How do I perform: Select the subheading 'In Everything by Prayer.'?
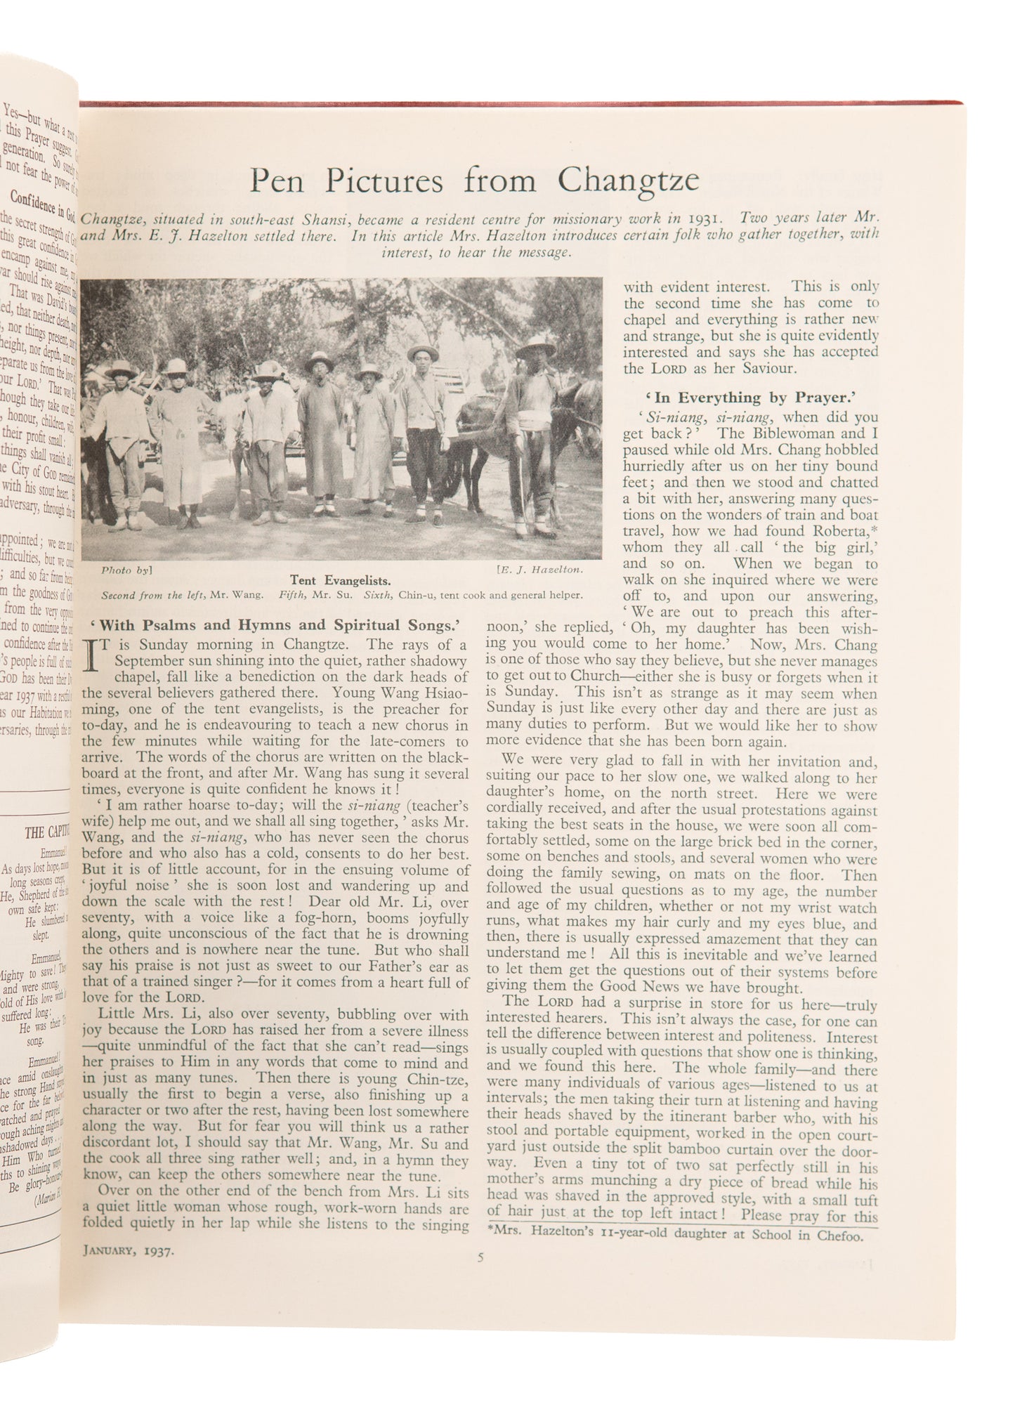point(751,398)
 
